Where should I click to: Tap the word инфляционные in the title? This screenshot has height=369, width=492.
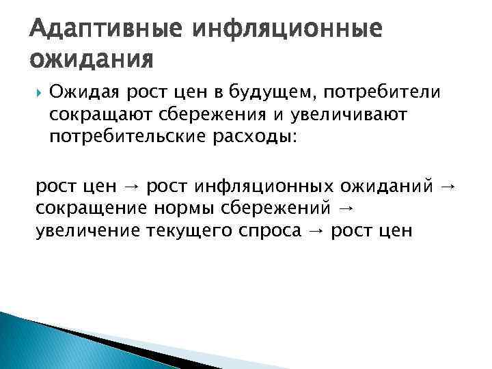pyautogui.click(x=288, y=30)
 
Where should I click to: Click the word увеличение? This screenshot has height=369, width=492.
pyautogui.click(x=89, y=230)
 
